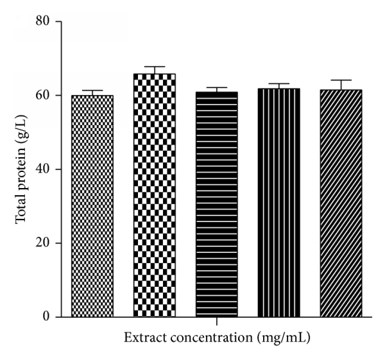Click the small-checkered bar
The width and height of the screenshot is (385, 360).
click(x=92, y=206)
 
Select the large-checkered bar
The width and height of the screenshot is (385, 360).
click(x=154, y=195)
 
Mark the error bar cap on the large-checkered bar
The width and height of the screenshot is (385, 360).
click(x=154, y=67)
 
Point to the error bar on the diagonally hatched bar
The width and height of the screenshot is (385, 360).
click(x=341, y=85)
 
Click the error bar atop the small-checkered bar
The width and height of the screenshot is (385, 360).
click(x=92, y=92)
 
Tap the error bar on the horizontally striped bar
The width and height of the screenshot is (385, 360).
click(x=216, y=89)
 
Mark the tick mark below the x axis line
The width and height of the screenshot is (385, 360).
click(x=216, y=321)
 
